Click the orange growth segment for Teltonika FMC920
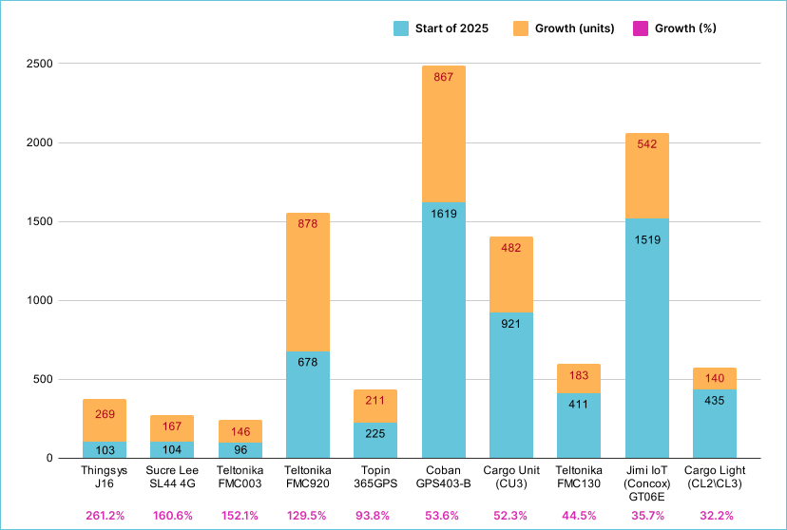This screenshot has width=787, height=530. tap(308, 282)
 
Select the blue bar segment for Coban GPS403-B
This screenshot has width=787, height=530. tap(443, 331)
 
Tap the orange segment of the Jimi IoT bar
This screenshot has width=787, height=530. tap(646, 176)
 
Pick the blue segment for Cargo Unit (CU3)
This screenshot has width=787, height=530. tap(510, 386)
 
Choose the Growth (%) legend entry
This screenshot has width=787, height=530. tap(674, 28)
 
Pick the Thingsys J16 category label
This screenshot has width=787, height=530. tap(105, 476)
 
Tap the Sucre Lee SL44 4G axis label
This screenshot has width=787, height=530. tap(172, 476)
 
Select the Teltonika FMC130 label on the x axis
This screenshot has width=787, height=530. tap(579, 476)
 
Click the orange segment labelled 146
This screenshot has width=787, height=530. tap(240, 431)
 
